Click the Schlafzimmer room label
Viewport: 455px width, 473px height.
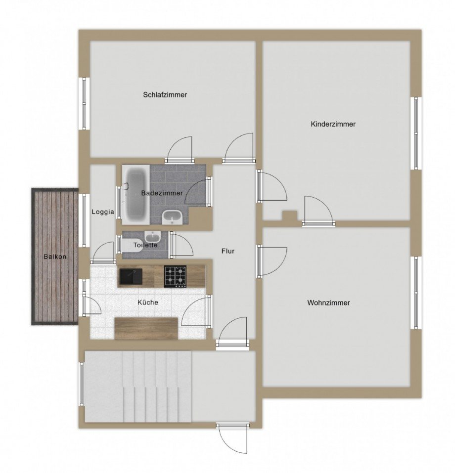coord(165,95)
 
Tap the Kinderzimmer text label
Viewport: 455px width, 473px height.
coord(333,124)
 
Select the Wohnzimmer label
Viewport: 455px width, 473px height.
coord(328,302)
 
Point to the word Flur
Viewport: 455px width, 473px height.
coord(228,251)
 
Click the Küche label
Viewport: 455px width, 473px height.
coord(148,302)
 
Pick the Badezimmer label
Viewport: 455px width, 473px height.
coord(162,193)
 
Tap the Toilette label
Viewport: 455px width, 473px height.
coord(146,245)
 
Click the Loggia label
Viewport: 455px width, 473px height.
coord(103,212)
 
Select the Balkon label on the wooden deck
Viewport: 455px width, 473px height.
coord(54,257)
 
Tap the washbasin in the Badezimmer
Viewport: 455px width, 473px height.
coord(172,217)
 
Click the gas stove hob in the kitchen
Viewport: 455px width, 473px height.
coord(176,276)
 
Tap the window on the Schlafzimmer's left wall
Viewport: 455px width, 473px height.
coord(84,103)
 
